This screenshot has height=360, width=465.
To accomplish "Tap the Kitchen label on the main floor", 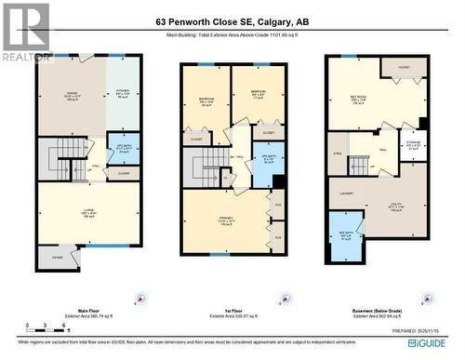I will (x=123, y=94).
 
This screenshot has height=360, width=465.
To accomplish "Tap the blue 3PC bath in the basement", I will (x=346, y=237).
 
